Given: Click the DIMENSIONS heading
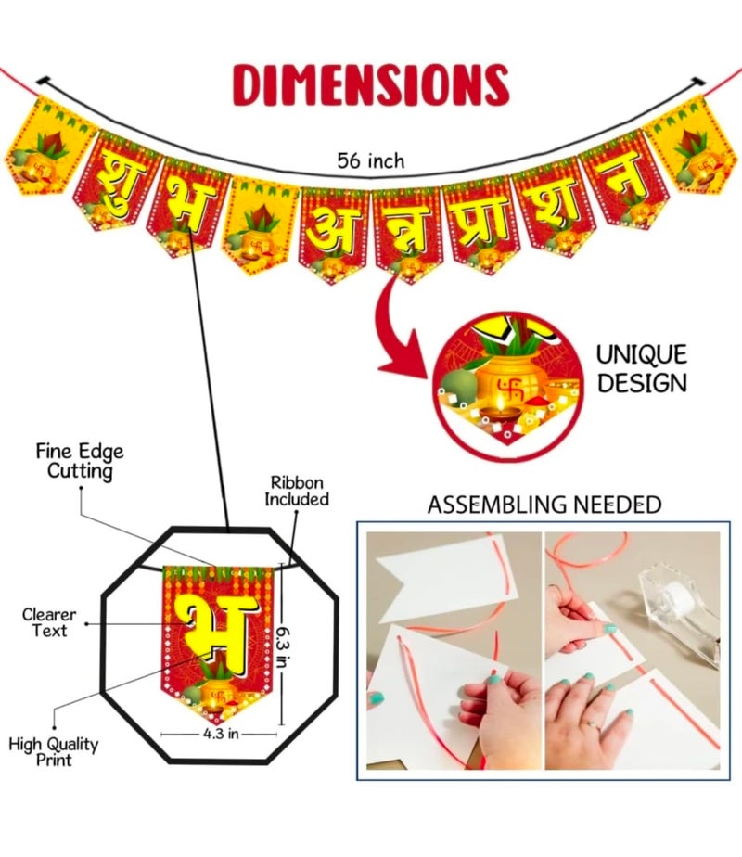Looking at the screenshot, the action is click(x=371, y=84).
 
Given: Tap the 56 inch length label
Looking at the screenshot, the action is click(x=370, y=161).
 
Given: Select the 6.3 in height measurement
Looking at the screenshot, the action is click(x=281, y=646).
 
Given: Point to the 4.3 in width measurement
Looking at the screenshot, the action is click(x=221, y=734).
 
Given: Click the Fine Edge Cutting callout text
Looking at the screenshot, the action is click(x=80, y=461).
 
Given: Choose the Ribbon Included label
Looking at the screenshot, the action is click(x=297, y=491).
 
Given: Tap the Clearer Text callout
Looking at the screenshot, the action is click(x=49, y=622).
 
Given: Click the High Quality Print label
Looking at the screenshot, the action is click(x=54, y=751).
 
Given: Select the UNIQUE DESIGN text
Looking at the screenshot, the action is click(x=642, y=369).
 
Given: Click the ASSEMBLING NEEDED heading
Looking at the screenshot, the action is click(x=544, y=505).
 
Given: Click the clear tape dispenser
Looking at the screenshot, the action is click(x=681, y=607).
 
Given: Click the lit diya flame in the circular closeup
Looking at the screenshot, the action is click(x=501, y=403).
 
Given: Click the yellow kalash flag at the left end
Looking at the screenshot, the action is click(x=50, y=145).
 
